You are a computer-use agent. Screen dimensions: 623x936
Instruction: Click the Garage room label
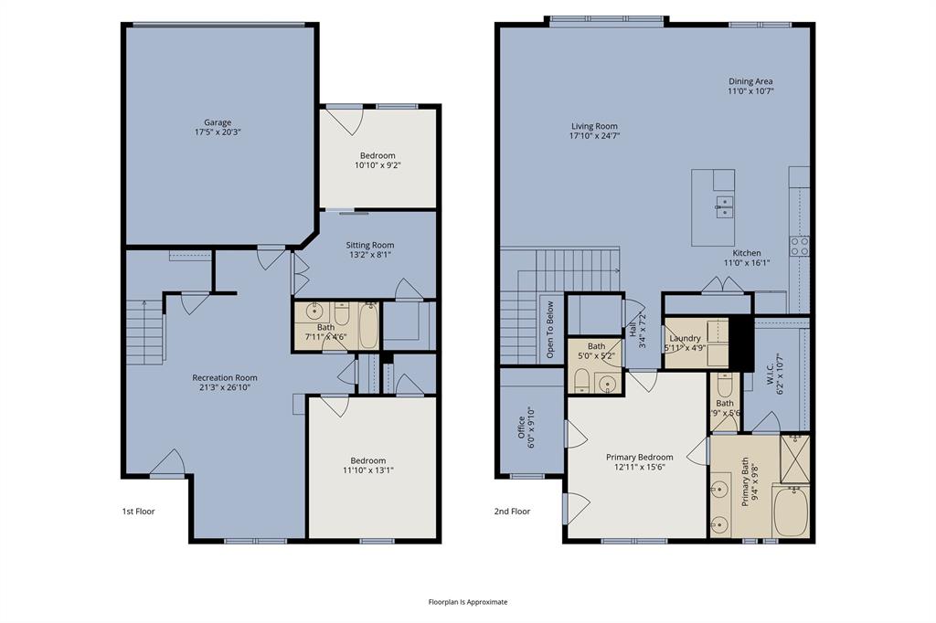[217, 127]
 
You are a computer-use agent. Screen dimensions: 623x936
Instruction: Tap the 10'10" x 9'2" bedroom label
[378, 161]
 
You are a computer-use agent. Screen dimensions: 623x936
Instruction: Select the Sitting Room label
[369, 250]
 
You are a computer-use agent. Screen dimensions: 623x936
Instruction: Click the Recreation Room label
[224, 382]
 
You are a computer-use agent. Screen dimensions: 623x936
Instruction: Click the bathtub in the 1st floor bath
[368, 326]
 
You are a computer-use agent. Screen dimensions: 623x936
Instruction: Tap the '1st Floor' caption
[138, 512]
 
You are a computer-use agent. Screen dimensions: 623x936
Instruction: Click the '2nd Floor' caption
[513, 512]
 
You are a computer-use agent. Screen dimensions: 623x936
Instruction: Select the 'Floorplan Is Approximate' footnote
[467, 602]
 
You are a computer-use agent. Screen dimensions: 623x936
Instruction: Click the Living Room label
[594, 132]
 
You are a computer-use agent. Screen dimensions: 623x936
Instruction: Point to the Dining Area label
[750, 86]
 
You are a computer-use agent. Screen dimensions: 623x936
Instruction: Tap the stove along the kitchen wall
[800, 245]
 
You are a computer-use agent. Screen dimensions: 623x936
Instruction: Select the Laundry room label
[685, 343]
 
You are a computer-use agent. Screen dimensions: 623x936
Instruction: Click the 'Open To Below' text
[549, 328]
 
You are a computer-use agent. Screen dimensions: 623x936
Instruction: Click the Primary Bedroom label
[639, 462]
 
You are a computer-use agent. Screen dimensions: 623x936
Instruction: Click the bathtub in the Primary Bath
[791, 512]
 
